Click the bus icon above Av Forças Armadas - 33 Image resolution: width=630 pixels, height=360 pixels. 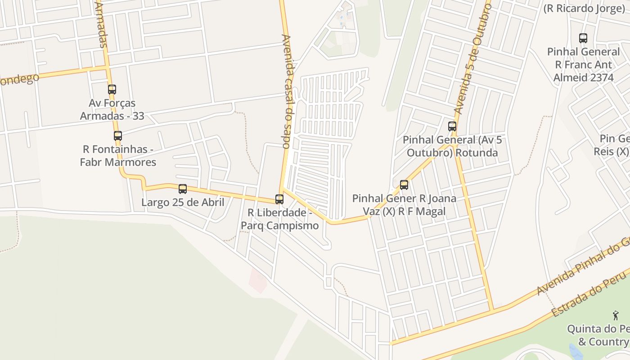coord(112,90)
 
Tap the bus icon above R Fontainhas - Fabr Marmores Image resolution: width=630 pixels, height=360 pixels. coord(118,135)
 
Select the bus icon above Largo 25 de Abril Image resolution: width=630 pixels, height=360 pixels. coord(183,189)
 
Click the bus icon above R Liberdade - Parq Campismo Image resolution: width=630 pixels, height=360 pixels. coord(279,199)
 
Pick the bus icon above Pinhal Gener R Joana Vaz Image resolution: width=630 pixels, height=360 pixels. coord(404,184)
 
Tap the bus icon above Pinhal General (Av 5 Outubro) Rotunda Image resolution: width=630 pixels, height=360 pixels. coord(452,126)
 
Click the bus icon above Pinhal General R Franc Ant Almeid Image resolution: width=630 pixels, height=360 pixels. coord(583,38)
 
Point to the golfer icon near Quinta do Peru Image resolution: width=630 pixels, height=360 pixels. coord(616,315)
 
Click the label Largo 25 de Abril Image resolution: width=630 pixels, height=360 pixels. coord(183,202)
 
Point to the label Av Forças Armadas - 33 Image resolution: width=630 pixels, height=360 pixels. coord(112,109)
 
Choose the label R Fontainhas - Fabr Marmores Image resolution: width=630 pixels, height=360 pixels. coord(118,155)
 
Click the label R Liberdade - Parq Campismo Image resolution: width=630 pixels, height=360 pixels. coord(279,219)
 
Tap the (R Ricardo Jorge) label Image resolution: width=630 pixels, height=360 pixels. coord(584,8)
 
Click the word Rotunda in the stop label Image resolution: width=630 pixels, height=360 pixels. coord(477,153)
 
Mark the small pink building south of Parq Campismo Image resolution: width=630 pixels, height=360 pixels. coord(258,281)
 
